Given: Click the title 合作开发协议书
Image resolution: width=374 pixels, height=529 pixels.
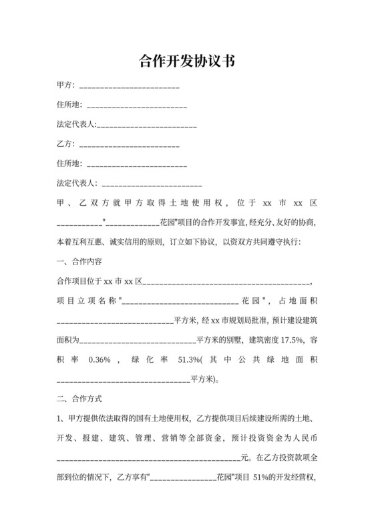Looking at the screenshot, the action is coord(186,61).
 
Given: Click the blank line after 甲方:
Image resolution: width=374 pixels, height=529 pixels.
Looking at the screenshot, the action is coord(129,87).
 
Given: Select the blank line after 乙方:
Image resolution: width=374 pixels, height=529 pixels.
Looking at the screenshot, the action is coord(129,145).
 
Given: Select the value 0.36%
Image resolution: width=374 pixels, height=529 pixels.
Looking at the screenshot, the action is coord(98,359).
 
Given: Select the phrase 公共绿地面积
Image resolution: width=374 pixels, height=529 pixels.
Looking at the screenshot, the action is coord(272,359).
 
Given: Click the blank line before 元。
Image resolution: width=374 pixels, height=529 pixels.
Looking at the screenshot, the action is coord(147,460).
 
